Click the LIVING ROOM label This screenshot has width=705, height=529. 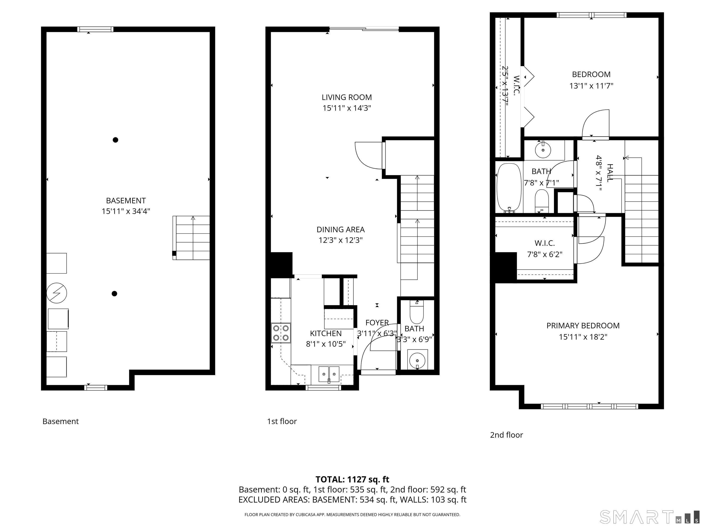[347, 97]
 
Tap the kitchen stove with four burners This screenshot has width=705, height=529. [281, 333]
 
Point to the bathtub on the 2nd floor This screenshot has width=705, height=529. [509, 188]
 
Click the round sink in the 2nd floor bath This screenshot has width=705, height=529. [543, 150]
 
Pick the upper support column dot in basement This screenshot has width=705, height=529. [116, 140]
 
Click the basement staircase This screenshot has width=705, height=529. [191, 238]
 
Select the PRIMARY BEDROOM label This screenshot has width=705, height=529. [583, 326]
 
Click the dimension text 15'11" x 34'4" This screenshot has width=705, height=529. [126, 211]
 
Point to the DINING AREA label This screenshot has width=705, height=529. [341, 230]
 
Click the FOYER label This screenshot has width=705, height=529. [377, 323]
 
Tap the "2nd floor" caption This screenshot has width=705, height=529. [506, 435]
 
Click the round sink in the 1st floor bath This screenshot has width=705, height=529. [417, 360]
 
